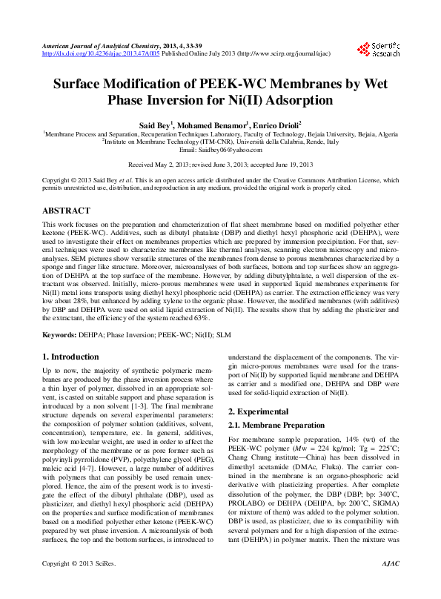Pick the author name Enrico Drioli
(276, 126)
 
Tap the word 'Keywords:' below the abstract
(59, 335)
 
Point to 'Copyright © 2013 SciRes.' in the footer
(75, 585)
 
